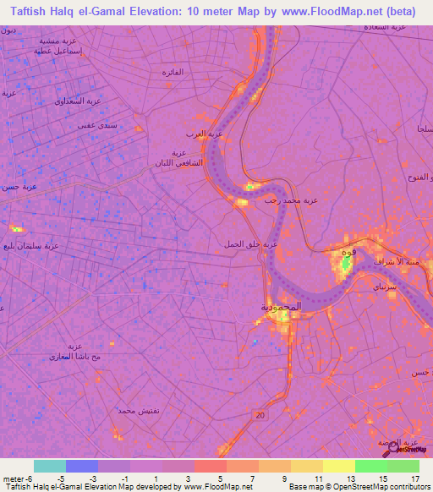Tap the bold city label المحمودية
(x=280, y=309)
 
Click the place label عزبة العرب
(x=204, y=134)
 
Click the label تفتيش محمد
(x=135, y=409)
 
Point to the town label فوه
(x=345, y=253)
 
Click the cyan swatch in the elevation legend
(x=50, y=466)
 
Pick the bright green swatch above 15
(x=370, y=466)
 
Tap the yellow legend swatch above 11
(x=306, y=466)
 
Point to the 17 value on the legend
(x=414, y=478)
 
